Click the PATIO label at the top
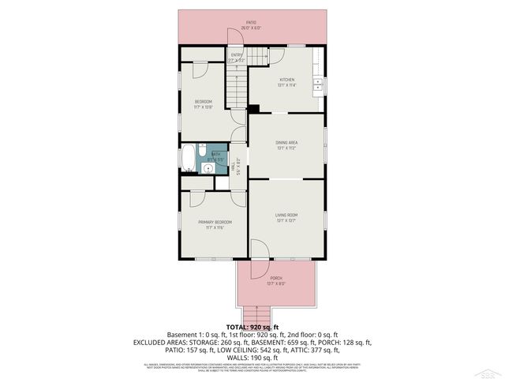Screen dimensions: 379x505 [251, 23]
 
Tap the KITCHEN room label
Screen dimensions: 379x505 [286, 80]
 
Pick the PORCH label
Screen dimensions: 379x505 [276, 278]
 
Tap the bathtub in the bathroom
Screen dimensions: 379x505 [189, 158]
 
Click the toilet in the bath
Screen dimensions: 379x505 [202, 148]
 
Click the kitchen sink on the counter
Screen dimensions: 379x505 [319, 82]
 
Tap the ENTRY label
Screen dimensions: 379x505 [237, 54]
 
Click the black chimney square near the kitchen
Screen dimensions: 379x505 [254, 109]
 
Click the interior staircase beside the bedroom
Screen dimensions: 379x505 [238, 87]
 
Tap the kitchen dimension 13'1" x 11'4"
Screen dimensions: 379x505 [286, 85]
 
